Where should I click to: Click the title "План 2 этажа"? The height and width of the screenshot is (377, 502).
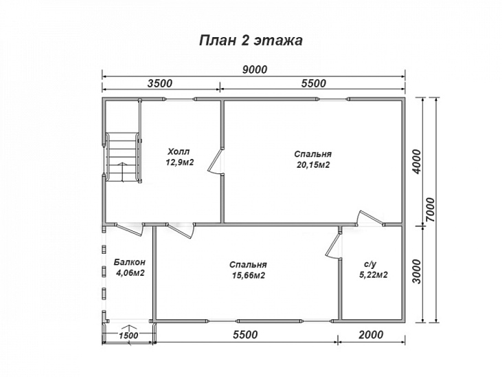point(251,41)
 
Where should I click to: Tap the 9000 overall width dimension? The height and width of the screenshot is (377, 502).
point(255,69)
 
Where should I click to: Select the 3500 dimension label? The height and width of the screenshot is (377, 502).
point(160,83)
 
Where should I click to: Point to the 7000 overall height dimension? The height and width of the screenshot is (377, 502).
point(431,210)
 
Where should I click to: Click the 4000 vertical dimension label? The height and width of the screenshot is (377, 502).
point(417,162)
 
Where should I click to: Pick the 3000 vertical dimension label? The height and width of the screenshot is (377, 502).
point(417,272)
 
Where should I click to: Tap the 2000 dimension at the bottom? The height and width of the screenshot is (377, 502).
point(371,334)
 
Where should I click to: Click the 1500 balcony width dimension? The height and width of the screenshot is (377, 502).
point(128,335)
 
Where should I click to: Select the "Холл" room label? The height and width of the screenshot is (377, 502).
point(179,151)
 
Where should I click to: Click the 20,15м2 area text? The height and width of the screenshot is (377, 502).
point(312,165)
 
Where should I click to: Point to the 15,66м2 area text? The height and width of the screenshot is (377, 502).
point(249,275)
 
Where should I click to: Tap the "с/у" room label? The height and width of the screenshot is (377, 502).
point(370,264)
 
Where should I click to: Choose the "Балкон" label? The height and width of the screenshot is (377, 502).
point(130,262)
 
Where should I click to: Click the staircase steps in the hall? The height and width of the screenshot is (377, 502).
point(123,158)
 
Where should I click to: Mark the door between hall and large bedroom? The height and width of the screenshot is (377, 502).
point(216,162)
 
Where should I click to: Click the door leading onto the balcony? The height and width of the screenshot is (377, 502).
point(129,229)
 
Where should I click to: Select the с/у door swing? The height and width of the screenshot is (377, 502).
point(334,244)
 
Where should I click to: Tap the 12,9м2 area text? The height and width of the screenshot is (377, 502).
point(180,162)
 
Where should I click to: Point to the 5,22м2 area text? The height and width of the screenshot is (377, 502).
point(374,274)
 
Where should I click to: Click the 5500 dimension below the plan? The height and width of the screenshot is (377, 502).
point(245,334)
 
